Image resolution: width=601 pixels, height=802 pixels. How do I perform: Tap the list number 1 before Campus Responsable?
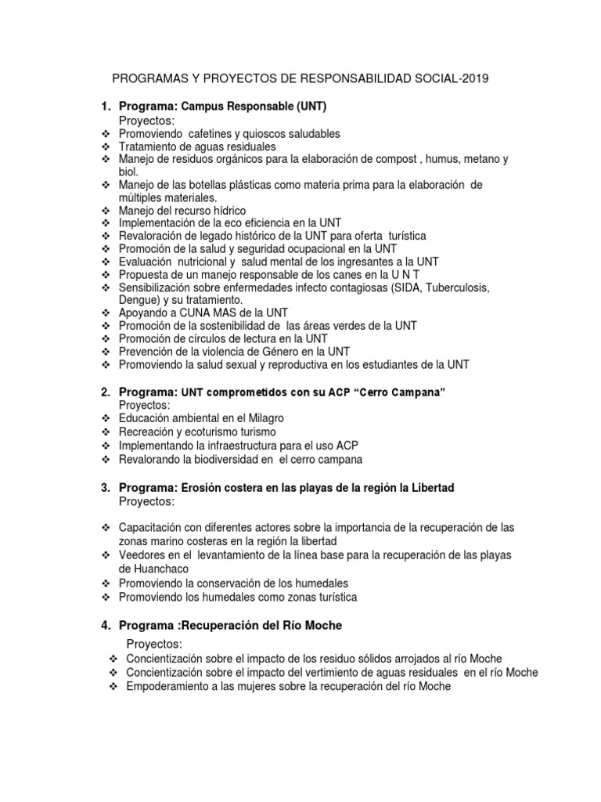[x=104, y=106]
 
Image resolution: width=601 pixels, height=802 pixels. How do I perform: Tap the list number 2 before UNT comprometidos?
[x=104, y=392]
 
